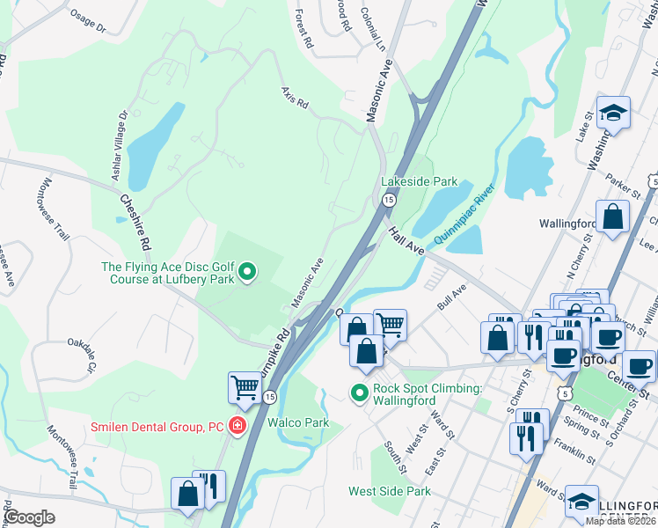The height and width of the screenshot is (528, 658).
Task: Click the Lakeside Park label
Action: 419,182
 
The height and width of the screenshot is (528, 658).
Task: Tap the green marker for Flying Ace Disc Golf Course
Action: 248,273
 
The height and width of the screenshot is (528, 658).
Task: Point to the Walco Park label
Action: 299,423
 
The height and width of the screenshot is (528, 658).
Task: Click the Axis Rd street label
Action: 296,98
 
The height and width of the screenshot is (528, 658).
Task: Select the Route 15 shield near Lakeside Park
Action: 388,202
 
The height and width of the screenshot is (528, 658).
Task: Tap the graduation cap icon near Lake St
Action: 613,112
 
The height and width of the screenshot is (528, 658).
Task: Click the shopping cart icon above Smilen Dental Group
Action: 245,386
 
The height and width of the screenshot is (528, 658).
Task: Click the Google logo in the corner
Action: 30,517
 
